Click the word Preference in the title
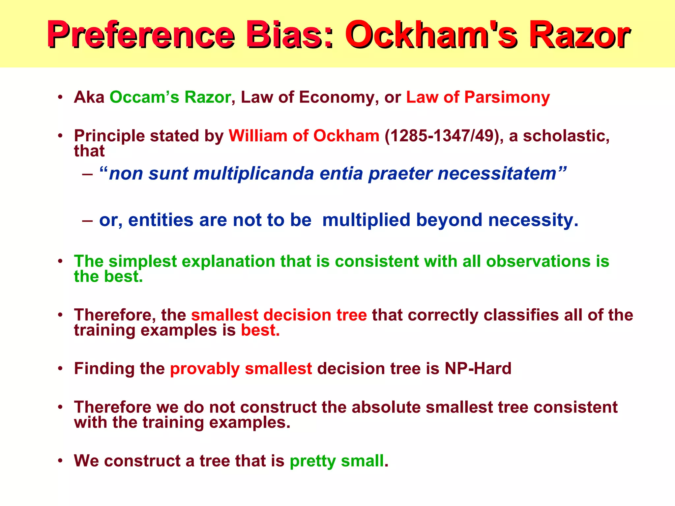click(x=140, y=35)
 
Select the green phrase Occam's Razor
click(x=170, y=97)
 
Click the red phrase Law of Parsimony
click(x=478, y=97)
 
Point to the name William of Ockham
click(x=304, y=136)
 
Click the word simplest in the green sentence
click(x=143, y=261)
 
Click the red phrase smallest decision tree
click(x=279, y=315)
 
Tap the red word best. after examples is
click(x=260, y=330)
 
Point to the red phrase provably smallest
click(x=241, y=368)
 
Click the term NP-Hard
click(x=478, y=368)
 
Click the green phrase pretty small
click(x=337, y=461)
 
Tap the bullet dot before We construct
click(x=60, y=460)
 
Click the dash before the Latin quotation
click(x=87, y=174)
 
